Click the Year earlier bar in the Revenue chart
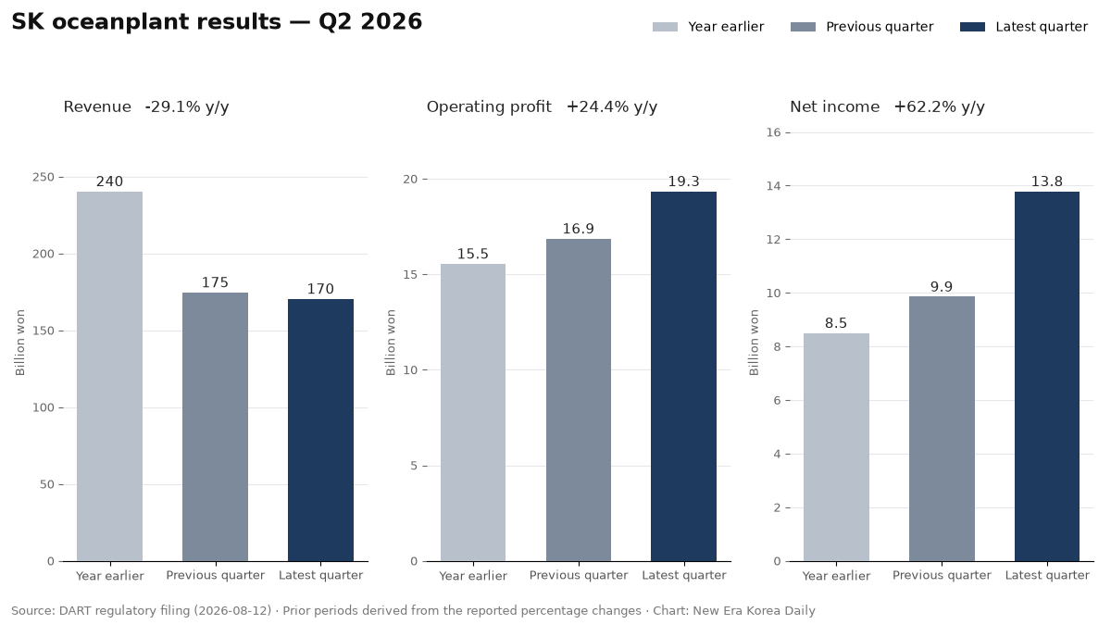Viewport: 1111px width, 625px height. click(109, 377)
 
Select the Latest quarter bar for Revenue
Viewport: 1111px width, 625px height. click(321, 430)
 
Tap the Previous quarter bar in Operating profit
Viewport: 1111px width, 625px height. click(579, 400)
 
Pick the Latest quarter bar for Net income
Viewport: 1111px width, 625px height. click(1047, 377)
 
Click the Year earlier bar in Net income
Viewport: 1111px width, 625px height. click(836, 447)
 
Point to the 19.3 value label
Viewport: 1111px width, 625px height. click(684, 181)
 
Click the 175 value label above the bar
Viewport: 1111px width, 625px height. click(215, 282)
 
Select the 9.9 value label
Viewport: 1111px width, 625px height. click(942, 287)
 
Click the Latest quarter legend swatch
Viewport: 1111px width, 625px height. click(973, 27)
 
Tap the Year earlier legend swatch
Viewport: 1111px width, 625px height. click(665, 27)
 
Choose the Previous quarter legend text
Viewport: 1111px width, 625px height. click(880, 27)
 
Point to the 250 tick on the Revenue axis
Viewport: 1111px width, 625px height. click(44, 177)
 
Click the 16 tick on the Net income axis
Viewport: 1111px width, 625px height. click(774, 132)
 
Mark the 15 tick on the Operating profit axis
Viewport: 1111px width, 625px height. click(410, 274)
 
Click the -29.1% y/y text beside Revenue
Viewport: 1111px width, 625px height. click(187, 107)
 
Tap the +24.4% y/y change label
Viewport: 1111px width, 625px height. click(612, 107)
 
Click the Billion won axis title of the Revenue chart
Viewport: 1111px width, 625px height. click(19, 343)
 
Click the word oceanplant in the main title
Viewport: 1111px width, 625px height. click(167, 22)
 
